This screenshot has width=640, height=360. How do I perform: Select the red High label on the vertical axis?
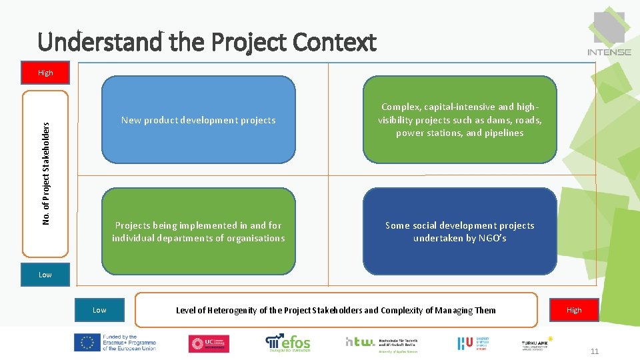point(45,73)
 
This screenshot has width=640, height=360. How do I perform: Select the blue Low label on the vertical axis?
point(45,275)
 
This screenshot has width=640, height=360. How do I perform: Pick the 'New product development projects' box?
point(198,120)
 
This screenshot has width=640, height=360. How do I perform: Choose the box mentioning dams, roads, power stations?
point(459,120)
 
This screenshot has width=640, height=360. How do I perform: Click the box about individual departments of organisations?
point(198,231)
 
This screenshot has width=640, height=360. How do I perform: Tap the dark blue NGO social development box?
point(459,231)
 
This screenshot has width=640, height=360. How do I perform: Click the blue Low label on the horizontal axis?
point(99,310)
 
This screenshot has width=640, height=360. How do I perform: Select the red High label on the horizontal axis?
point(574,310)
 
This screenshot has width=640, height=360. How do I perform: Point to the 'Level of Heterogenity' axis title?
point(335,310)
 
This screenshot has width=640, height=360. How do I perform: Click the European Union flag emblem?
point(86,343)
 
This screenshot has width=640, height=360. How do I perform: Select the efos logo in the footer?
point(288,343)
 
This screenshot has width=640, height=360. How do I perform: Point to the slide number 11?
point(595,351)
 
